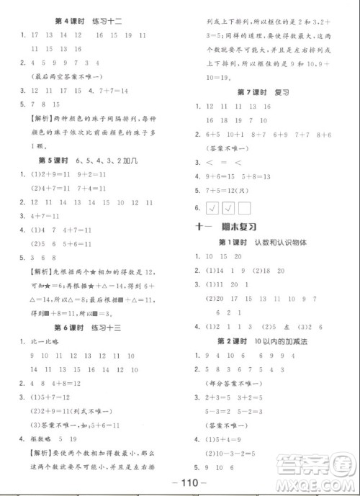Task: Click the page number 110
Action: (x=181, y=483)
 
